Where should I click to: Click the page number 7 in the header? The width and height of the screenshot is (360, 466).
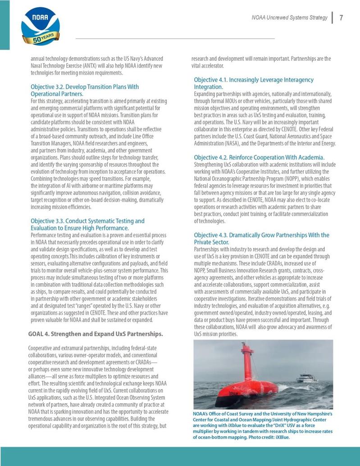tap(342, 18)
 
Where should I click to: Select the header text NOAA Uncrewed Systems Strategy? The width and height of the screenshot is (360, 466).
tap(289, 18)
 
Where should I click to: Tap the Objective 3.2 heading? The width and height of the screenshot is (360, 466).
tap(84, 90)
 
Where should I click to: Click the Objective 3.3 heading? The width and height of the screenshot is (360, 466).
tap(87, 224)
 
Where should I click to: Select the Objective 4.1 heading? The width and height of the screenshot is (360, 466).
tap(253, 83)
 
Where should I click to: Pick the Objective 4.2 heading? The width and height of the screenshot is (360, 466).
tap(259, 157)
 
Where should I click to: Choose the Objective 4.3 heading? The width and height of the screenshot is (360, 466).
tap(261, 238)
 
